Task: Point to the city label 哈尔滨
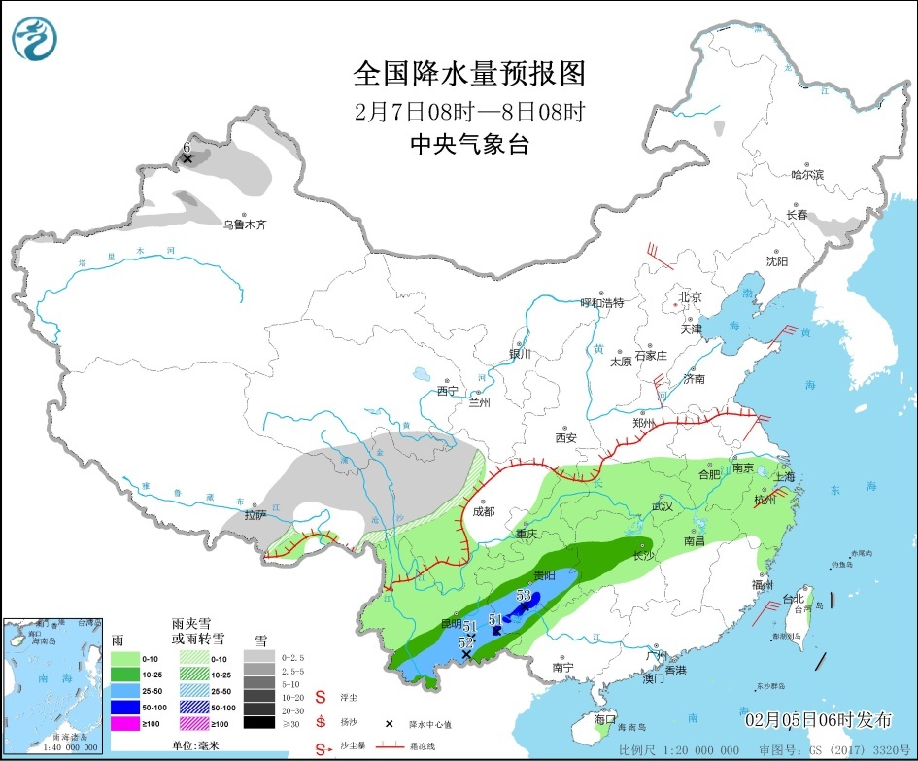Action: click(806, 175)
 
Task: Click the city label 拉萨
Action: click(255, 515)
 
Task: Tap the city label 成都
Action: click(483, 511)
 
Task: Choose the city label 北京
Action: click(690, 296)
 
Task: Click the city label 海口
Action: click(604, 720)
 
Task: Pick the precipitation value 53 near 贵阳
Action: click(524, 595)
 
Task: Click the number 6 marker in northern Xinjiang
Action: click(187, 148)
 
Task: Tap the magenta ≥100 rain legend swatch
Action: click(124, 722)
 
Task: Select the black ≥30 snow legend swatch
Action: click(258, 722)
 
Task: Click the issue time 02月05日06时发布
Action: click(818, 720)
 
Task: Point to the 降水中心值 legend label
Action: click(430, 724)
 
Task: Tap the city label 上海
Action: click(785, 476)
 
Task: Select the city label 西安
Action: click(565, 437)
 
